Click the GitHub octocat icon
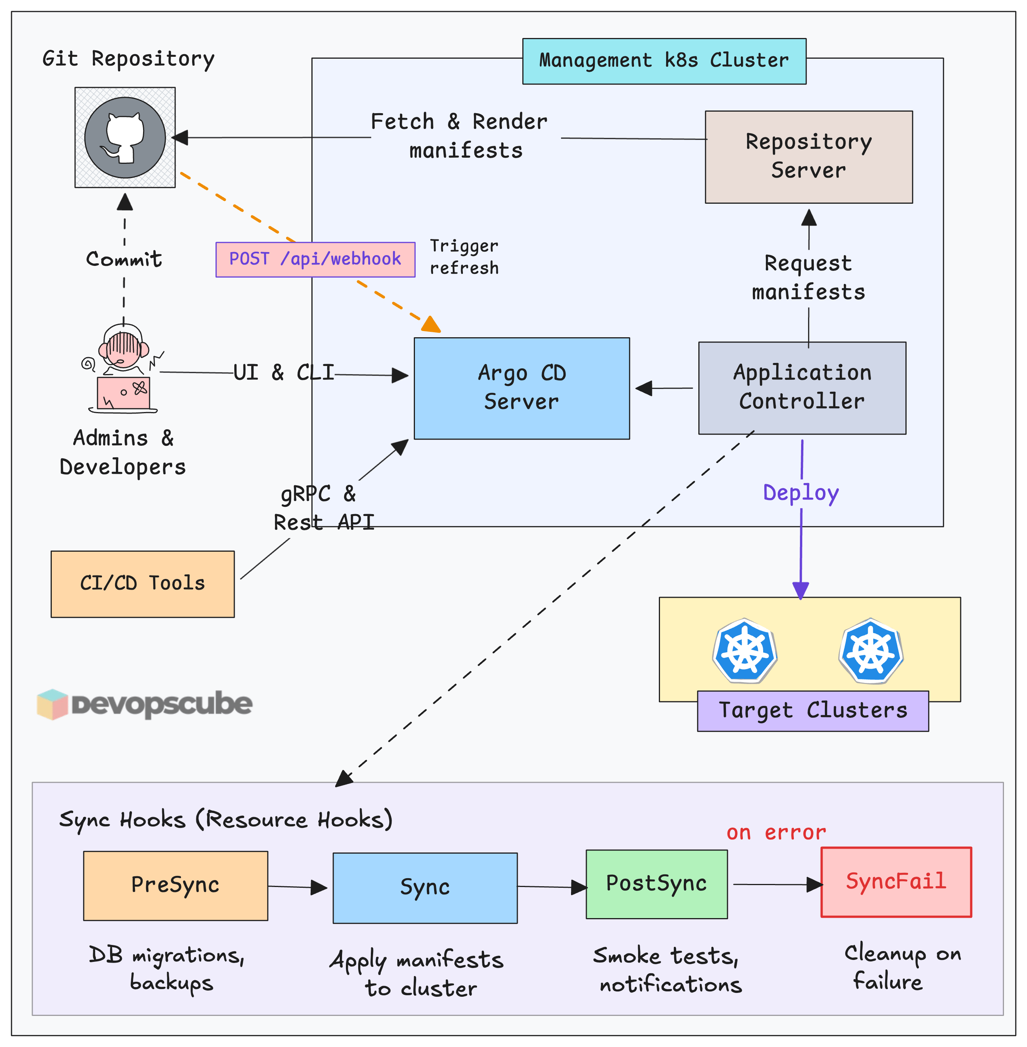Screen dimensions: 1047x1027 [125, 138]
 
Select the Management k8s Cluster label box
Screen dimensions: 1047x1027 [664, 61]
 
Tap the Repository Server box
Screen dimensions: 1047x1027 [808, 157]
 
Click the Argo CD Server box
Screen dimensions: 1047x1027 [522, 388]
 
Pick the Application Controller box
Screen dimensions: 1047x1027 [802, 387]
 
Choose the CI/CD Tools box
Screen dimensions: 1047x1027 [142, 584]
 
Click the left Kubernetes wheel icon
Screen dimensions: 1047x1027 [745, 650]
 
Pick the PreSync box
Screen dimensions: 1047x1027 [175, 885]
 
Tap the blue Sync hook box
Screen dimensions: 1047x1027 [425, 888]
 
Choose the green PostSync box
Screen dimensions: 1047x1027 [657, 884]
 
